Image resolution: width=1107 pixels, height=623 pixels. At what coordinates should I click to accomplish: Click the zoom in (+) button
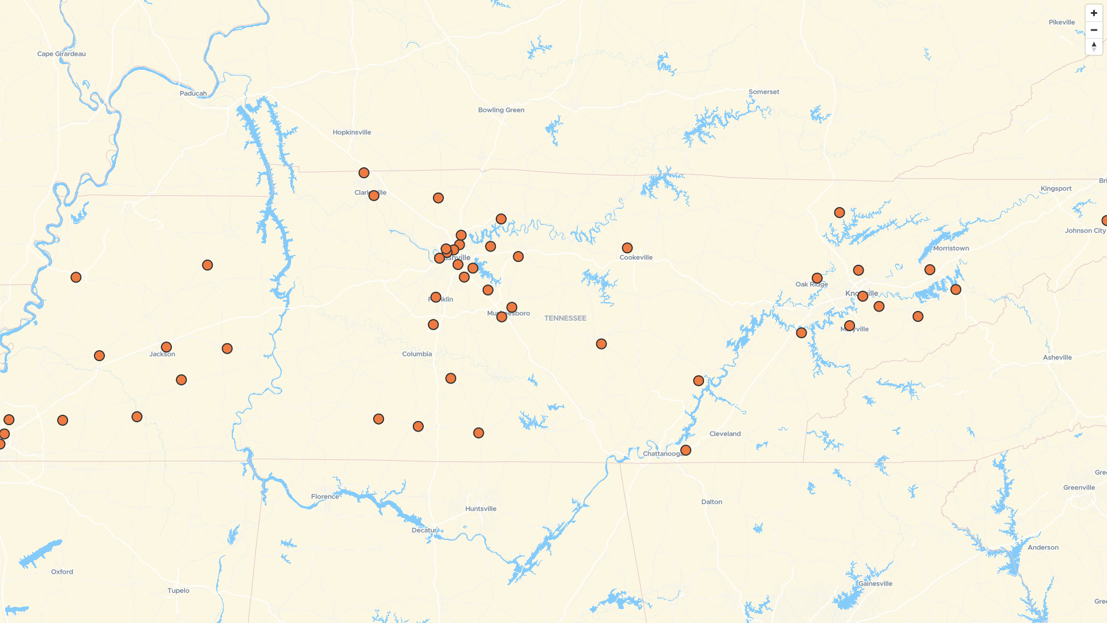click(x=1094, y=13)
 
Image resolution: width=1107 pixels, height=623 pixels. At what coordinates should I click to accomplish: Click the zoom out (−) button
click(x=1094, y=29)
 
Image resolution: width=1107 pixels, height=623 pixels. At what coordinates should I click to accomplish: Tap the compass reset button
click(x=1094, y=46)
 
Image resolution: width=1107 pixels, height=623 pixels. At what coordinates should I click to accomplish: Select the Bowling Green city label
click(x=501, y=110)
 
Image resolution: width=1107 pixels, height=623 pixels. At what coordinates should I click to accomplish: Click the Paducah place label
click(x=193, y=93)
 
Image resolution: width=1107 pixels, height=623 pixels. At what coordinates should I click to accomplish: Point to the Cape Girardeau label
click(x=61, y=54)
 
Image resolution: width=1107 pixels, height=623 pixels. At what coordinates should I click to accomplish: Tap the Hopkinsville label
click(x=352, y=133)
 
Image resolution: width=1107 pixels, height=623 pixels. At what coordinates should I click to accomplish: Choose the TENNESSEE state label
click(x=565, y=318)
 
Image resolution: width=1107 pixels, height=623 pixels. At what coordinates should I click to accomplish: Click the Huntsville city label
click(x=481, y=509)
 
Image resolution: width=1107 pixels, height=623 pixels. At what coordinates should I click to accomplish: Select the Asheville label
click(x=1057, y=358)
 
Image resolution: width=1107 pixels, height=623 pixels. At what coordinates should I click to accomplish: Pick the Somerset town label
click(x=764, y=92)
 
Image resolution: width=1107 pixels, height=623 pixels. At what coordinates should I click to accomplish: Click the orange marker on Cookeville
click(x=627, y=248)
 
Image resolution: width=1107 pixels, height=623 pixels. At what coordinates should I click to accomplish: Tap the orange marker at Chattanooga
click(x=686, y=450)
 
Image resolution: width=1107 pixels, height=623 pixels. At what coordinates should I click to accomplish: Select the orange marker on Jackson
click(x=166, y=347)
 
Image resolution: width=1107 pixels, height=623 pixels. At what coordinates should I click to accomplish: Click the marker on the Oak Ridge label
click(x=817, y=279)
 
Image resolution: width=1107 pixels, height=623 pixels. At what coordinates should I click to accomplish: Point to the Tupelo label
click(x=178, y=591)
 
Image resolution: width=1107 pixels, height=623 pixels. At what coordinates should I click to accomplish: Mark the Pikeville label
click(x=1061, y=22)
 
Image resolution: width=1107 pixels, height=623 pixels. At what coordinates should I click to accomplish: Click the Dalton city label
click(x=711, y=502)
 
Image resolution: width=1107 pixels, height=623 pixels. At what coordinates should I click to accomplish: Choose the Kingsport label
click(x=1056, y=189)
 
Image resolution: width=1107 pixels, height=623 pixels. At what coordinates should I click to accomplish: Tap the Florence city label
click(x=325, y=497)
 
